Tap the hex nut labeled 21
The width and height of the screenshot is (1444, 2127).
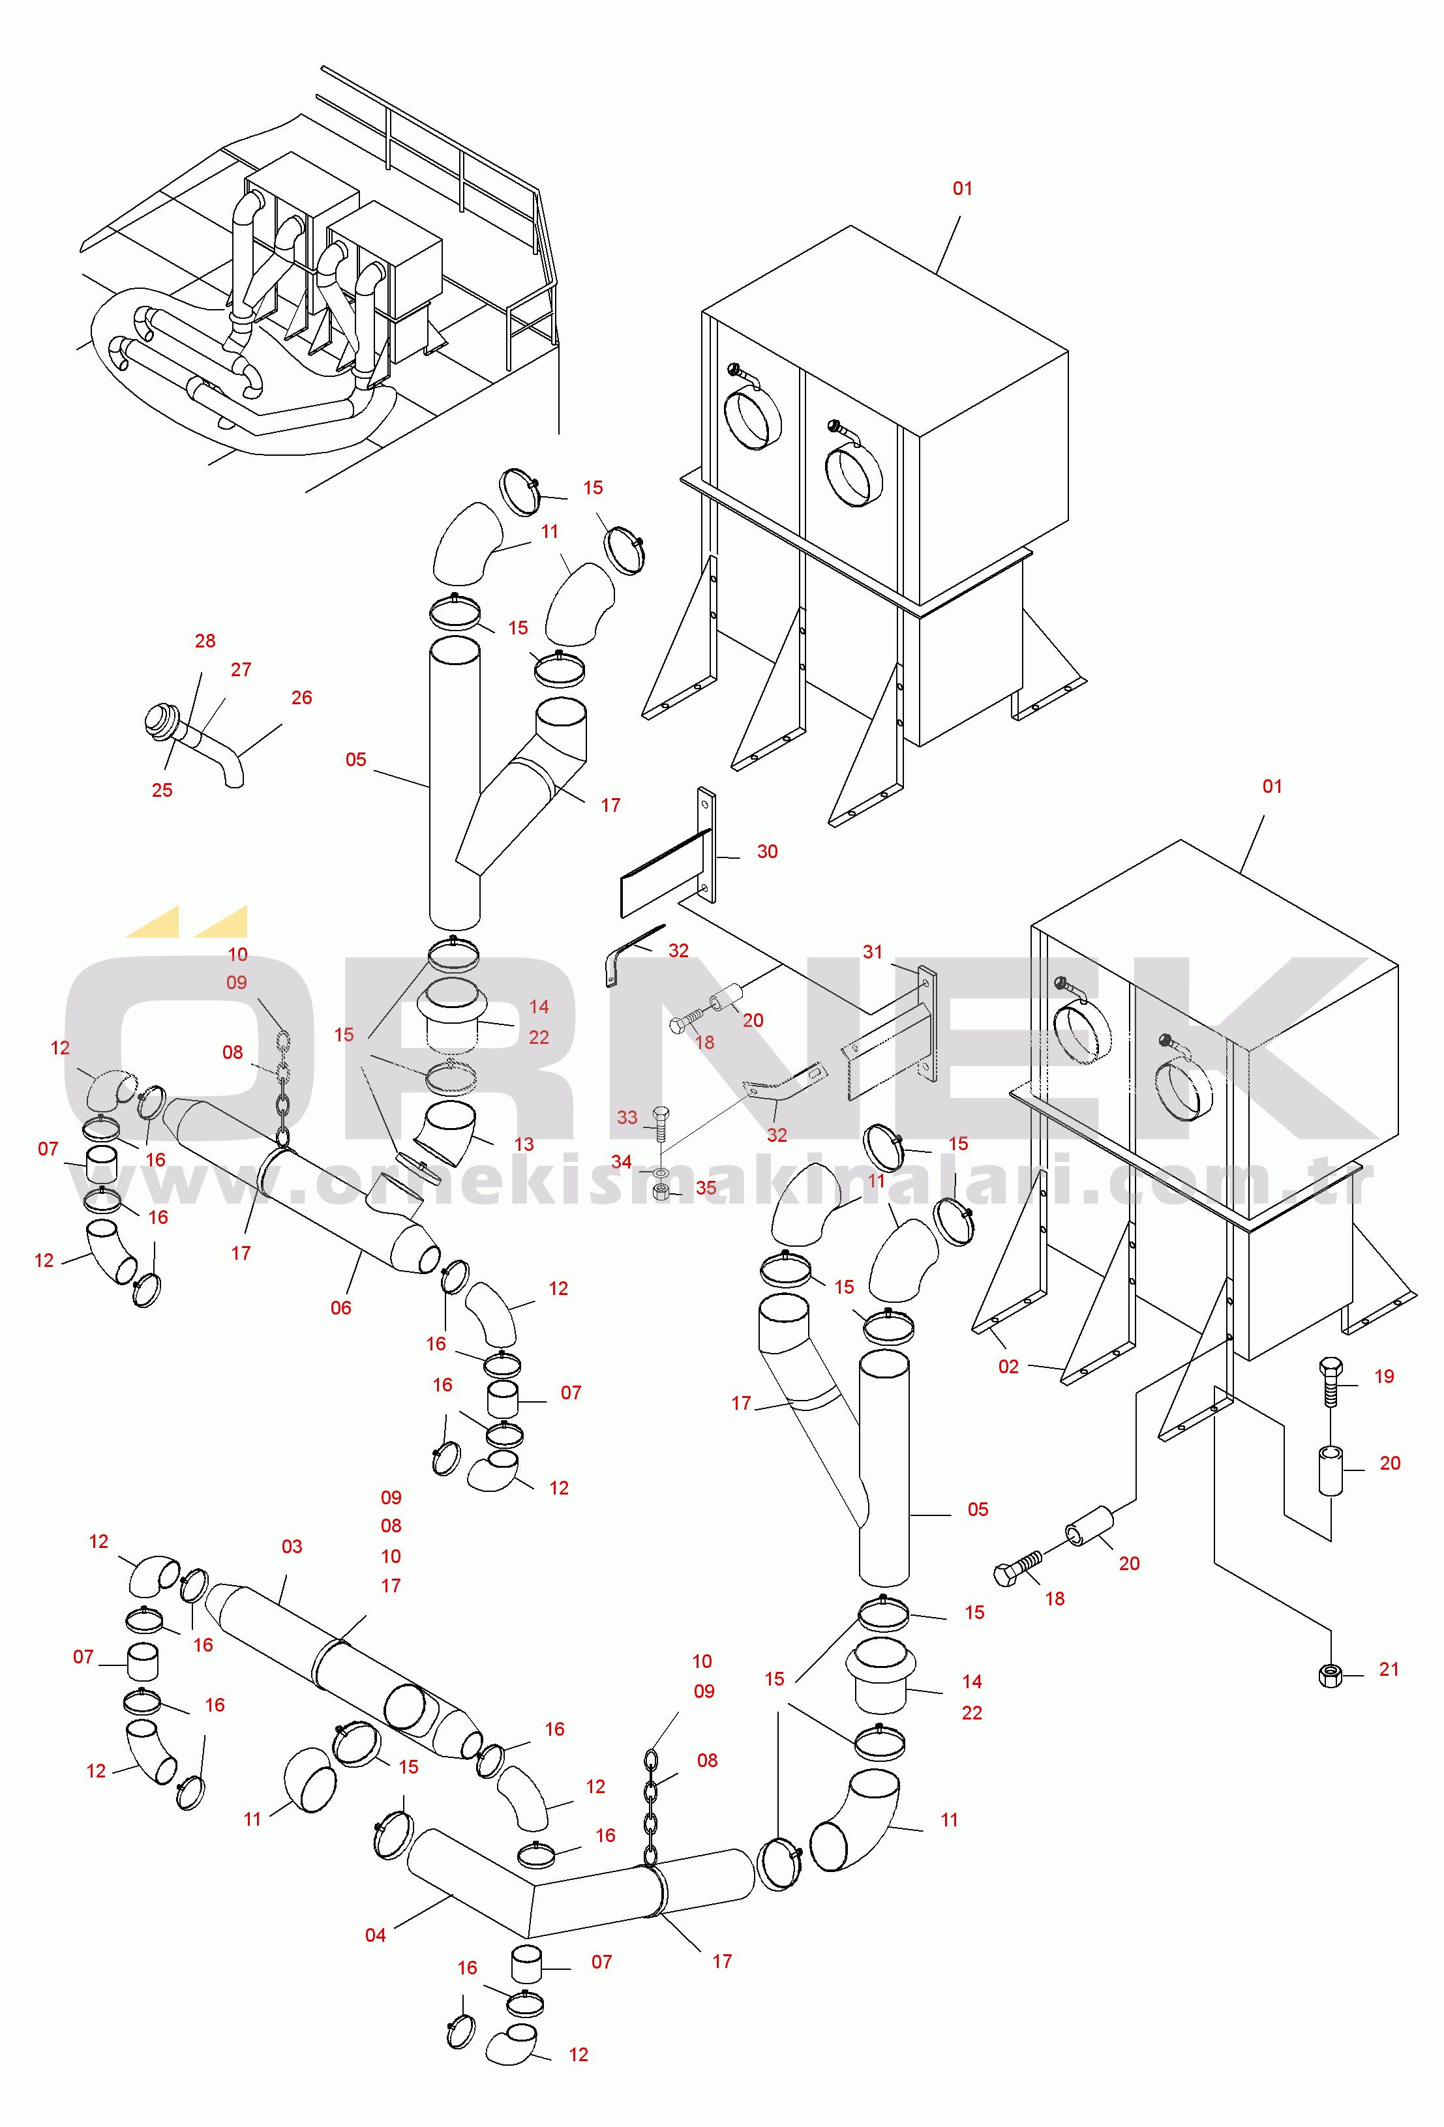[x=1331, y=1675]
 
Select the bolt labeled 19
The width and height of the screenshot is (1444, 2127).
[x=1331, y=1381]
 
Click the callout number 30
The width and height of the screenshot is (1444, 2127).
[x=767, y=851]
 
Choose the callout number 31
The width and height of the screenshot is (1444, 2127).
[x=873, y=952]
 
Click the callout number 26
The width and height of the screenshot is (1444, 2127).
[x=301, y=698]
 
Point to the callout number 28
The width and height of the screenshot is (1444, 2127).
[x=205, y=641]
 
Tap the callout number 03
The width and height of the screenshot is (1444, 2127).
[x=292, y=1546]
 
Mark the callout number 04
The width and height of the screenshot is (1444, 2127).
[x=376, y=1935]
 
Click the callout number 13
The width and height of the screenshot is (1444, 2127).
[x=524, y=1144]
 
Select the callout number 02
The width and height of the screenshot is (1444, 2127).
[x=1008, y=1367]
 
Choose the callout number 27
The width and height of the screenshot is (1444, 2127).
[x=241, y=669]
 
